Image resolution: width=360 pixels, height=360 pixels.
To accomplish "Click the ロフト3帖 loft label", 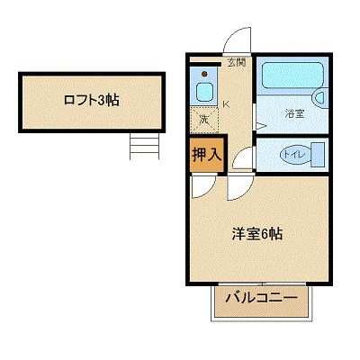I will coord(91,100).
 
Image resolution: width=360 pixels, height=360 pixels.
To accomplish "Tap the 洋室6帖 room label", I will coord(258,234).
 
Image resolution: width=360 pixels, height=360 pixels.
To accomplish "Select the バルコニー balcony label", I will coord(261,297).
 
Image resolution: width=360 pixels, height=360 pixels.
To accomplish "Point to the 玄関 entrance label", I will coord(236,63).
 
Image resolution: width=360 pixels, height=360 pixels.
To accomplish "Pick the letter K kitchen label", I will coord(225,103).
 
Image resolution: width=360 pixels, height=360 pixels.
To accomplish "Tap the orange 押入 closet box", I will coord(206,153).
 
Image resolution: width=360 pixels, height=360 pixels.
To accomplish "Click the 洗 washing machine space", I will coord(203,117).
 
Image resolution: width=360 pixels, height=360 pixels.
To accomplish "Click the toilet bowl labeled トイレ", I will coord(290,153).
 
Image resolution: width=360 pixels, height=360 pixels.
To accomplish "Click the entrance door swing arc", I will coord(237,40).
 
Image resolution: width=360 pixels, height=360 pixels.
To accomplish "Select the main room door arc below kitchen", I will coord(238,186).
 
